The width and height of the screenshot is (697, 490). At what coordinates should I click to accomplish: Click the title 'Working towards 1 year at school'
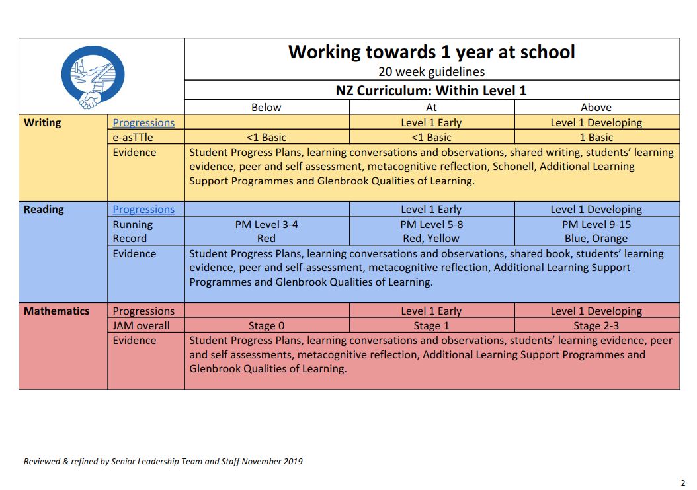point(431,52)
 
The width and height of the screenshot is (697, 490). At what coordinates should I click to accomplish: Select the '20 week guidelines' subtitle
point(431,72)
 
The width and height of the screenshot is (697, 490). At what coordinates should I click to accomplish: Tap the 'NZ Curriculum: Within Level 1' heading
point(431,90)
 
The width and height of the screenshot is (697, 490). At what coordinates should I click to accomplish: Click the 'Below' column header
point(266,107)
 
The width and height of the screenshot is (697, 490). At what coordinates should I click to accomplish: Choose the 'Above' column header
point(596,107)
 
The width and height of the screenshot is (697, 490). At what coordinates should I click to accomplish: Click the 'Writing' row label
point(42,122)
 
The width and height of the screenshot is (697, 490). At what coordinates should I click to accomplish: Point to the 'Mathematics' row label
point(56,311)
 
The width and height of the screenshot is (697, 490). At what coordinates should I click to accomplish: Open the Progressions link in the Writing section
point(143,123)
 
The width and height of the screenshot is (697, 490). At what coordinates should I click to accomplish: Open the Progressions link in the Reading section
point(143,210)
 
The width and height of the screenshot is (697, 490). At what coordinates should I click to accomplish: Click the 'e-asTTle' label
point(133,138)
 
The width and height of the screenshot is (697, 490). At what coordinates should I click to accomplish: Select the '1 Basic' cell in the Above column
point(596,138)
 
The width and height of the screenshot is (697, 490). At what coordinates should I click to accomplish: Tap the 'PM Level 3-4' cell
point(266,224)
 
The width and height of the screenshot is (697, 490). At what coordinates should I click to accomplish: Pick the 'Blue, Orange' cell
point(596,239)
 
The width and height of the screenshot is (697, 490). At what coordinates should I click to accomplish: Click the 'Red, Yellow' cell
point(431,239)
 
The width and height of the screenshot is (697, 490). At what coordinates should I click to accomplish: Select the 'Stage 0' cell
point(266,325)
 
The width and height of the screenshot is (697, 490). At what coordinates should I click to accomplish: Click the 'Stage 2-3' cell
point(596,325)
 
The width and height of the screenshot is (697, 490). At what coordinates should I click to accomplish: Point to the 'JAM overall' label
point(141,325)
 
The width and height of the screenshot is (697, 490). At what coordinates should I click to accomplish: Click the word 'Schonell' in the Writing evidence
point(511,167)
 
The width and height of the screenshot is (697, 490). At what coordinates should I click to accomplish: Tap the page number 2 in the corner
point(683,482)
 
